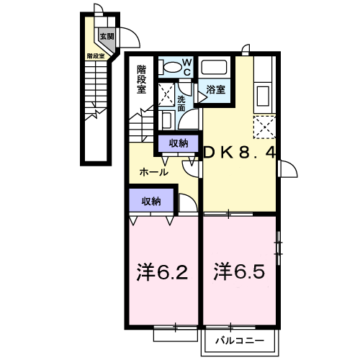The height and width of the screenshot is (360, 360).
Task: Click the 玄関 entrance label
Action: [x=107, y=37]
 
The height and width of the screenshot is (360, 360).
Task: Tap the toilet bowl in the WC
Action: [x=171, y=67]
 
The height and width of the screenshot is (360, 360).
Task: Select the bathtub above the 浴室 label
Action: [x=214, y=67]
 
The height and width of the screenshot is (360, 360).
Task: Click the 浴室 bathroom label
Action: [x=215, y=89]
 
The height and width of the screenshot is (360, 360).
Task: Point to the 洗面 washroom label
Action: [x=181, y=104]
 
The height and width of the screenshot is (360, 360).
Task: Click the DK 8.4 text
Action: [x=240, y=153]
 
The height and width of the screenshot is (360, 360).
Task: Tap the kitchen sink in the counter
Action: [x=264, y=96]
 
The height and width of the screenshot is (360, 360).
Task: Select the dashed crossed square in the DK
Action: [x=265, y=127]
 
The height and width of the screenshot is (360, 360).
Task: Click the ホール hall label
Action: [x=153, y=172]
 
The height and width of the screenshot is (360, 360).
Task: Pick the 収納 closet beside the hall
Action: [x=179, y=143]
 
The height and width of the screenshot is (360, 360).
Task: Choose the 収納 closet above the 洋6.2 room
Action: [x=151, y=200]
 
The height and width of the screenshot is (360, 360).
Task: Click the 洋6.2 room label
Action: [x=162, y=272]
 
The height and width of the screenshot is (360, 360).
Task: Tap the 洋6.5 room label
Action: [x=239, y=272]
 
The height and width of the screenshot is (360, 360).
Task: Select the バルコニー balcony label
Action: [x=240, y=341]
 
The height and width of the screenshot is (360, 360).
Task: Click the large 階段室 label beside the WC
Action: [x=141, y=79]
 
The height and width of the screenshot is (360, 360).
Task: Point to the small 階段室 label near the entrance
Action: [x=96, y=56]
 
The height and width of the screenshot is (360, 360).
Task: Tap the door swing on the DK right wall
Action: [x=289, y=168]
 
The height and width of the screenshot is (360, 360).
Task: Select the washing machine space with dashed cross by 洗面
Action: [x=166, y=94]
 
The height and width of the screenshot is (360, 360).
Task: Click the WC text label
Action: [x=187, y=67]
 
